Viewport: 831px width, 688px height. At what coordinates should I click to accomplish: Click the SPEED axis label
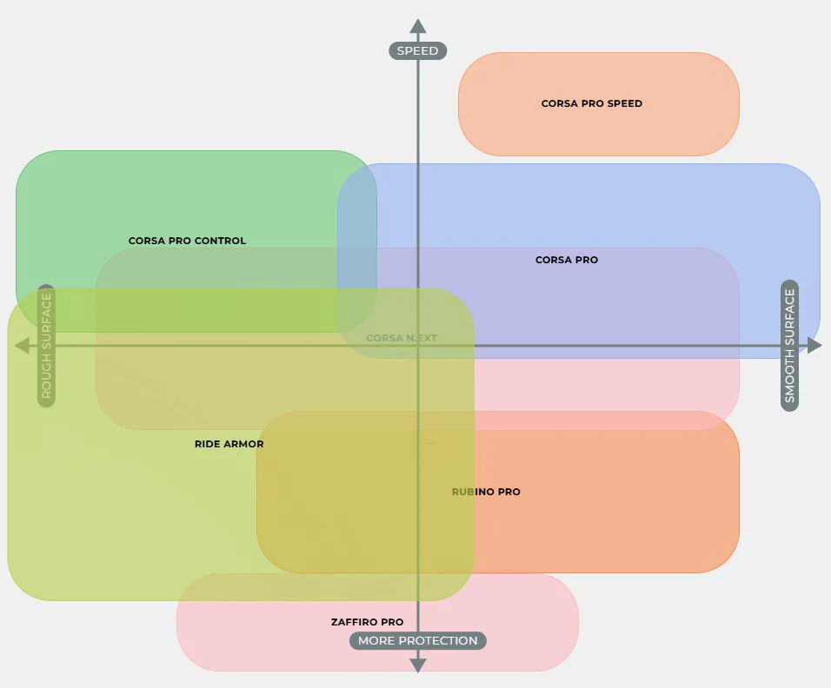click(x=417, y=50)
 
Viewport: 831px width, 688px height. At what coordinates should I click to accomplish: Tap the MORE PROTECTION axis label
click(x=418, y=641)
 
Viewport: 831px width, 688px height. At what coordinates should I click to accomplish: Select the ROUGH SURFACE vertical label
click(x=47, y=346)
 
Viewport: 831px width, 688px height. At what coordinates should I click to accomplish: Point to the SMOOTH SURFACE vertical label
click(x=789, y=346)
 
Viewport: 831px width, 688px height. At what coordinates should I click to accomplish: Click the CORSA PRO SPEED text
click(x=591, y=103)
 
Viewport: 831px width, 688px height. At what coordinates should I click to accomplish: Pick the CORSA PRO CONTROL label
click(x=187, y=241)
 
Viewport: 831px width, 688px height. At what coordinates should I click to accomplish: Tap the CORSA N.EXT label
click(x=402, y=338)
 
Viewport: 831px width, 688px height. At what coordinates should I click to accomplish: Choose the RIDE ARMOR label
click(x=229, y=444)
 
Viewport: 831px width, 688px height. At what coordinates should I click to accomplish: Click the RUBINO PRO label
click(x=486, y=492)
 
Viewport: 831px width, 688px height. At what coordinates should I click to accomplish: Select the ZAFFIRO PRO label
click(x=367, y=622)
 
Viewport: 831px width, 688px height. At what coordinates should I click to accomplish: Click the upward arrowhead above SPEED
click(x=418, y=27)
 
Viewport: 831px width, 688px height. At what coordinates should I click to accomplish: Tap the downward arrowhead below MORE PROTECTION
click(x=418, y=665)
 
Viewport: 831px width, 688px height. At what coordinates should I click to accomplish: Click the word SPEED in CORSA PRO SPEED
click(x=625, y=103)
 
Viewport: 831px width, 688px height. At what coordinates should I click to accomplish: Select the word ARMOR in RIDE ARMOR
click(x=244, y=444)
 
